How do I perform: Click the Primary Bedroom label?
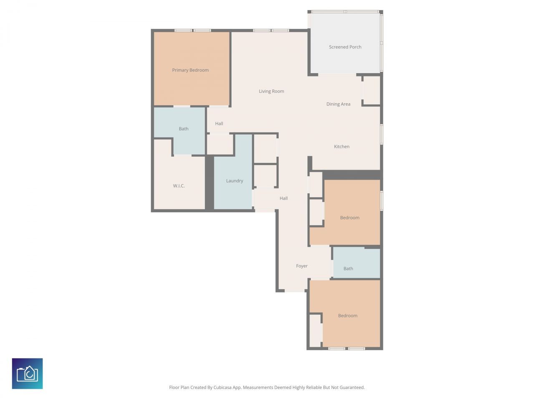190,70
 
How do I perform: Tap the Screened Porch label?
345,47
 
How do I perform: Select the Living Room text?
271,91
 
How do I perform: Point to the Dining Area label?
338,104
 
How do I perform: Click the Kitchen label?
342,147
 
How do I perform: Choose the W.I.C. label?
179,186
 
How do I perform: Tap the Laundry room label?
234,181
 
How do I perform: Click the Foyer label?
302,266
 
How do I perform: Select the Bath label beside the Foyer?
348,269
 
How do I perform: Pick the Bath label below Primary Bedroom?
184,129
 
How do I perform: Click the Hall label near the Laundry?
284,198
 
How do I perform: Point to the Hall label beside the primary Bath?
219,124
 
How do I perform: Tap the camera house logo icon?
28,373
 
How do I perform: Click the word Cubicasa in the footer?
223,388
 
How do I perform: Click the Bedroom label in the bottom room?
348,316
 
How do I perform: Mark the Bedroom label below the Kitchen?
350,218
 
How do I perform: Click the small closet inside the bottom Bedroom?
315,330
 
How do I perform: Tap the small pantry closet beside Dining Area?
371,90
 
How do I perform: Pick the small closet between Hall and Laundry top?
220,144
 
